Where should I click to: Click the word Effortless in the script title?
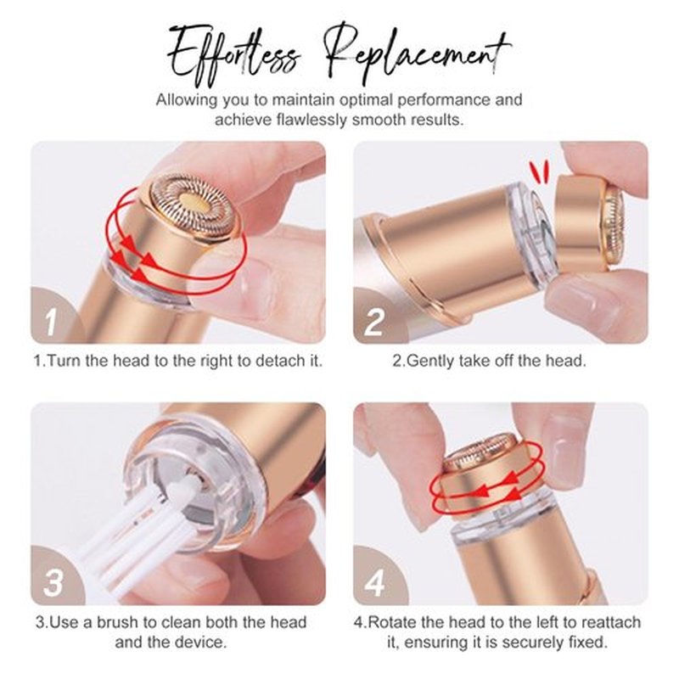tap(234, 55)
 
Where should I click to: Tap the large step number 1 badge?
tap(51, 323)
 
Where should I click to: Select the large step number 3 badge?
tap(53, 582)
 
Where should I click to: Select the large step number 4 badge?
tap(375, 583)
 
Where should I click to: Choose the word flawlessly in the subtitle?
tap(311, 120)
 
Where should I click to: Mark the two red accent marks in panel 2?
tap(540, 169)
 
